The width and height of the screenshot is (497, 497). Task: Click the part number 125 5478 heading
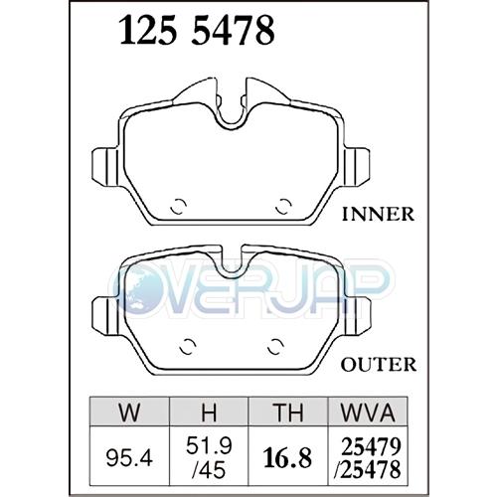click(x=197, y=34)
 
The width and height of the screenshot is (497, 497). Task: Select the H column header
click(x=210, y=412)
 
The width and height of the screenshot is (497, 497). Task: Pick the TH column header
click(x=288, y=412)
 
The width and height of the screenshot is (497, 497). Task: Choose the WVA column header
click(x=368, y=412)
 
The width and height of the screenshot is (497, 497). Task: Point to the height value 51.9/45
click(x=210, y=454)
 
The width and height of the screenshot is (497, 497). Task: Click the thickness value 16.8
click(x=288, y=454)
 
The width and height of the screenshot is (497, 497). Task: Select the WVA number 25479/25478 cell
click(x=368, y=454)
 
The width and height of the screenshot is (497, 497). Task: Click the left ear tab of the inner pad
click(x=104, y=161)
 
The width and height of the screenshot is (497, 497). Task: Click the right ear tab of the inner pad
click(x=356, y=161)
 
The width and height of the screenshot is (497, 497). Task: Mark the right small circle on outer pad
click(x=276, y=347)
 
